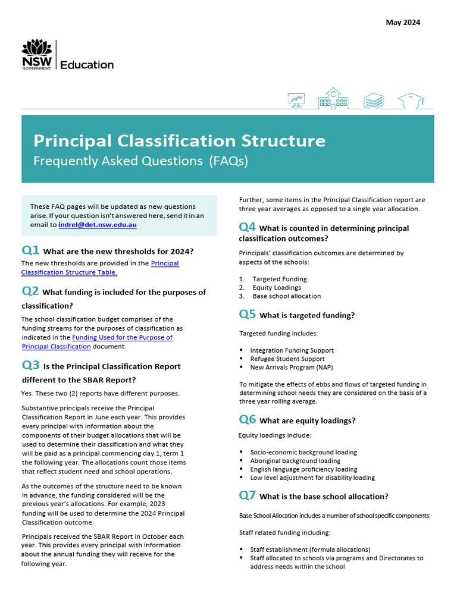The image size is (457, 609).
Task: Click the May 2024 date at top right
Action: tap(403, 23)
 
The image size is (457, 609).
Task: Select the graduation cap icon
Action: tap(410, 101)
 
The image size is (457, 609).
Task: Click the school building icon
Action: tap(333, 99)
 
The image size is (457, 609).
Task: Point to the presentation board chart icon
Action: tap(296, 101)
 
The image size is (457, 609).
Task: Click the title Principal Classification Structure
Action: tap(179, 141)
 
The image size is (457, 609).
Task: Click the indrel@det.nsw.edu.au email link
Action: tap(98, 225)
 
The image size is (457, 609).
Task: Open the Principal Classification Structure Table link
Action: tap(99, 268)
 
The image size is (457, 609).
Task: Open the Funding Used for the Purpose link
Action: tap(122, 337)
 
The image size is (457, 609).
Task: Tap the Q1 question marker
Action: tap(30, 250)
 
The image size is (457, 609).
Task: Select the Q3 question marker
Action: tap(30, 366)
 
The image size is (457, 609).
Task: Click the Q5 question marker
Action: tap(248, 315)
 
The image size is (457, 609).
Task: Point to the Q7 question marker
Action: tap(248, 495)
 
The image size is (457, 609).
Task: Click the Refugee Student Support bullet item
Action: tap(287, 359)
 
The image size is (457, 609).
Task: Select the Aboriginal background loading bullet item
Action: tap(295, 461)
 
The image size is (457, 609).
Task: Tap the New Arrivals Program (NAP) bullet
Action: tap(292, 368)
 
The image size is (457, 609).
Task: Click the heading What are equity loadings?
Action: tap(307, 420)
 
